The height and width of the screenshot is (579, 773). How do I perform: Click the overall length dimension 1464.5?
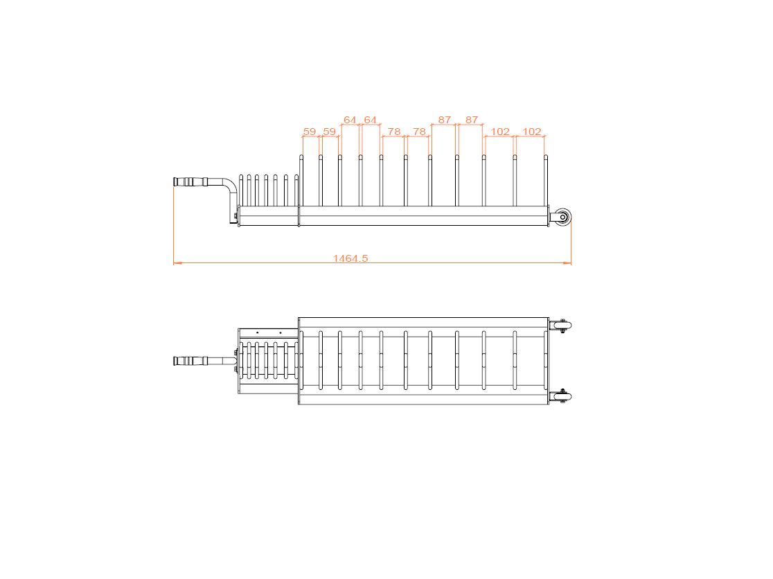350,258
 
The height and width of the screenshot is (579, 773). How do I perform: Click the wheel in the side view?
562,217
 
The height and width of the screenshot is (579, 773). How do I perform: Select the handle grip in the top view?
190,361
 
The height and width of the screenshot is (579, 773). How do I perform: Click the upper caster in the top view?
561,325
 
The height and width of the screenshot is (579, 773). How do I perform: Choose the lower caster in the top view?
561,397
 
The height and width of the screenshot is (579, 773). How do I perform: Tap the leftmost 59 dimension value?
310,131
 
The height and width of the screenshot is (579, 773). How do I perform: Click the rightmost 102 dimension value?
531,131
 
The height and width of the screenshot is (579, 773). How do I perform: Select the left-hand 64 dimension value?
350,120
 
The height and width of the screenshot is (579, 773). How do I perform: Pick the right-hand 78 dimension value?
419,131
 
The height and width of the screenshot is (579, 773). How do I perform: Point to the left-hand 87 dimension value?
444,120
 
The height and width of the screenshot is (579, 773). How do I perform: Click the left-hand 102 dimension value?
499,131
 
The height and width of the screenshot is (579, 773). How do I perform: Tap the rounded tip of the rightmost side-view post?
545,157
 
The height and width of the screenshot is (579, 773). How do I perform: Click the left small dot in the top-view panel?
257,332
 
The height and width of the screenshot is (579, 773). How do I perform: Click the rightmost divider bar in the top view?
545,360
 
